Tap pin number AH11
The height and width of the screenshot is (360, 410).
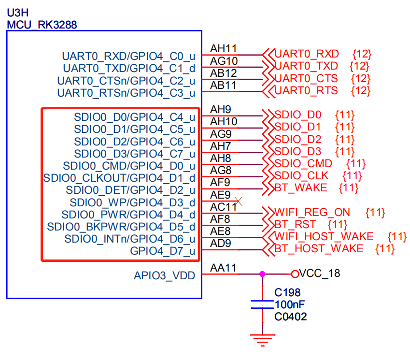coord(224,48)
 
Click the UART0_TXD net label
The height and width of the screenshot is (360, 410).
coord(306,66)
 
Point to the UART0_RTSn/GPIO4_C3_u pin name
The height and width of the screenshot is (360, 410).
coord(126,93)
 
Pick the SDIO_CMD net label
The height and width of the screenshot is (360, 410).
coord(303,163)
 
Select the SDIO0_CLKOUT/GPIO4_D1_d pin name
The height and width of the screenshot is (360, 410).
coord(119,178)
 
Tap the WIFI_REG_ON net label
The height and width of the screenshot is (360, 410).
coord(312,213)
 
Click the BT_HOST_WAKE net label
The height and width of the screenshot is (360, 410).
coord(319,249)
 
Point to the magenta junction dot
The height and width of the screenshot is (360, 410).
coord(262,274)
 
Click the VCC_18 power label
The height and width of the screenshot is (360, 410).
coord(319,274)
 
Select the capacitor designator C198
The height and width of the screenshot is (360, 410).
coord(287,293)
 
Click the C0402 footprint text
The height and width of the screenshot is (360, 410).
coord(290,317)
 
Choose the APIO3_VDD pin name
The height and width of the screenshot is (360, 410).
coord(164,276)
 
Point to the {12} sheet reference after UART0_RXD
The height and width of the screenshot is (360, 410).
coord(362,54)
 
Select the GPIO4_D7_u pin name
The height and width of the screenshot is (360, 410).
coord(163,251)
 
